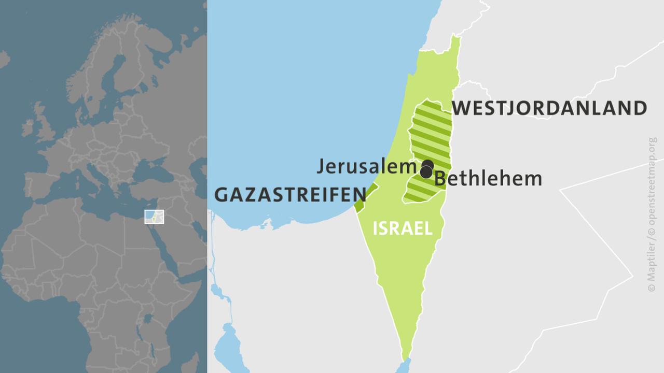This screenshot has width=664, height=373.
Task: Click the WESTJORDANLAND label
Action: [x=549, y=108]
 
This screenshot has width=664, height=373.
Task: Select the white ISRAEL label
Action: [x=402, y=228]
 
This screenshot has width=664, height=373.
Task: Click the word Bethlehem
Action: [x=488, y=179]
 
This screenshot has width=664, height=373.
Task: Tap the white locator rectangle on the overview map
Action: [x=154, y=217]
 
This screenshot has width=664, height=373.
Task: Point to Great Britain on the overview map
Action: [x=45, y=124]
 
